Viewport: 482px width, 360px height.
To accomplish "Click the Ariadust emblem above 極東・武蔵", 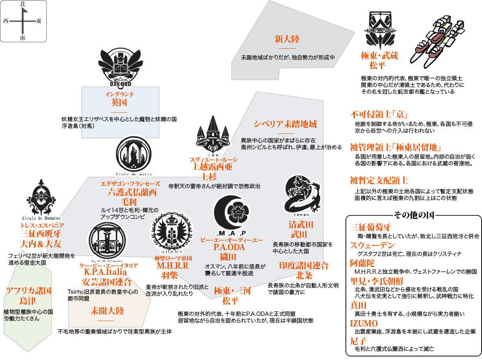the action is point(380,28).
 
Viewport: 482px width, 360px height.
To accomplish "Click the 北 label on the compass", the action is point(23,4).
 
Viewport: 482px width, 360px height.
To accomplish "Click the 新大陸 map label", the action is point(287,39).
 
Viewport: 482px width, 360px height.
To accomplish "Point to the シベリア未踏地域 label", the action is point(285,124).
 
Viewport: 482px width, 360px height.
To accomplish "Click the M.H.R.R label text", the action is point(173,266).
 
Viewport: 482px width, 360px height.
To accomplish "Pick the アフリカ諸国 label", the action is point(29,291).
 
